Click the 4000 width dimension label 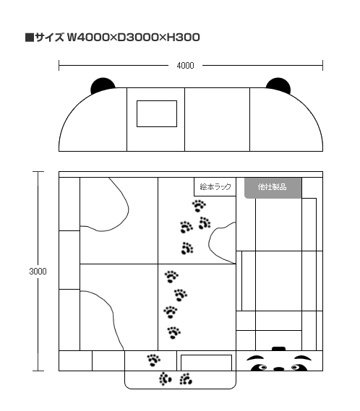(185, 66)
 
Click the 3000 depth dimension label (38, 272)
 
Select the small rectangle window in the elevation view (157, 113)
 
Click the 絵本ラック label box (215, 186)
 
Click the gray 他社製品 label (273, 188)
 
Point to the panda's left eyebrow (255, 358)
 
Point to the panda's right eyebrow (303, 358)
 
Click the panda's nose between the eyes (278, 369)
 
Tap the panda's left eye (260, 368)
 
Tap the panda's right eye (298, 368)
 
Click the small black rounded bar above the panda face (278, 349)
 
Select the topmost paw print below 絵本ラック (199, 206)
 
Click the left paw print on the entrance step (165, 379)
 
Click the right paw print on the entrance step (186, 379)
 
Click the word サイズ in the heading (50, 38)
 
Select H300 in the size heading (184, 38)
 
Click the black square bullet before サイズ (30, 38)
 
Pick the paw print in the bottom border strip (154, 360)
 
